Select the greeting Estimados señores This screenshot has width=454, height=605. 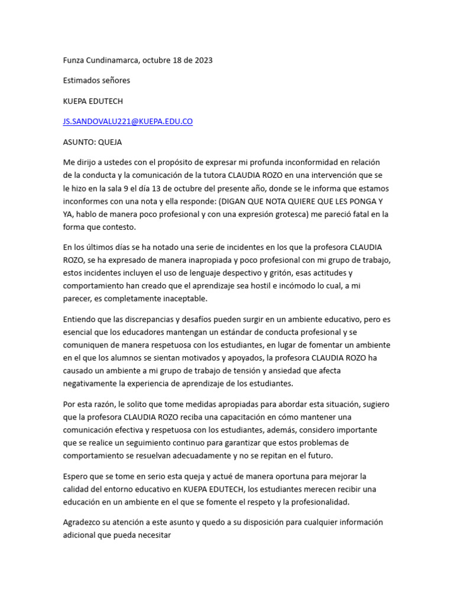(96, 80)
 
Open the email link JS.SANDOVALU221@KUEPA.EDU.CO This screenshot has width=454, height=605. (128, 122)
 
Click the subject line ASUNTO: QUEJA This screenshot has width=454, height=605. (92, 142)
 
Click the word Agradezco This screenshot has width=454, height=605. (83, 522)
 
